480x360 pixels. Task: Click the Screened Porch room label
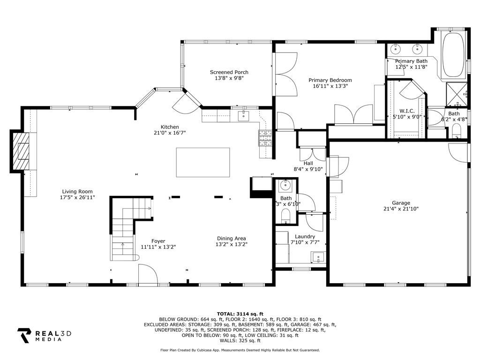pos(229,72)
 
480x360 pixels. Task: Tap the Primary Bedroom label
pos(332,80)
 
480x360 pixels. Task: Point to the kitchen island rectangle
pos(202,162)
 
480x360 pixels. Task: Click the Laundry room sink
pos(319,257)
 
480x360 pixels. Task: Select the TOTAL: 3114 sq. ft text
pos(240,314)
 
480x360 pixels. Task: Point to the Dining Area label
pos(231,239)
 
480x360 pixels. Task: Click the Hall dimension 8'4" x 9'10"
pos(308,169)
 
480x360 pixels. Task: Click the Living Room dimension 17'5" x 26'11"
pos(77,197)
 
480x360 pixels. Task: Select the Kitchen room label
pos(170,127)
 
